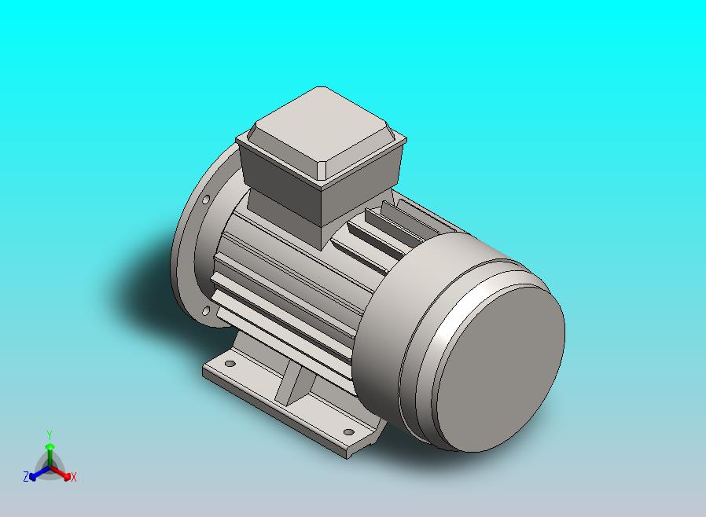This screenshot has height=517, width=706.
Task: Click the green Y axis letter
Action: [49, 434]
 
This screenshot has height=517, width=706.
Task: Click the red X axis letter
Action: [73, 476]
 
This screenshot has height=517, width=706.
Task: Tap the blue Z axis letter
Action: [26, 476]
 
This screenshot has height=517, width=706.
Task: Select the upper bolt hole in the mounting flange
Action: [207, 200]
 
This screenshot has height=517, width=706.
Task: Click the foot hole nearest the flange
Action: [230, 365]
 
